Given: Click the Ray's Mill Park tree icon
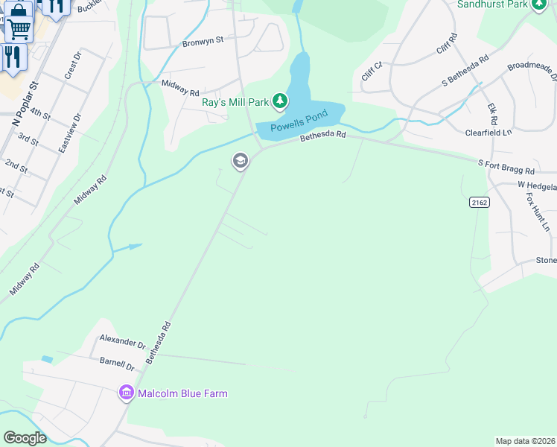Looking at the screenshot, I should coord(279,101).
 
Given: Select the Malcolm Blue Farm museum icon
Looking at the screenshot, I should coord(125,393).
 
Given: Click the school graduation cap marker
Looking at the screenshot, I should coord(240,161).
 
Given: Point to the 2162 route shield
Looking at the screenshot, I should coord(478,202).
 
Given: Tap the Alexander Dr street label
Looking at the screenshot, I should coord(123,341).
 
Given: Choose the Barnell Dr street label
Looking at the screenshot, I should coord(116,364).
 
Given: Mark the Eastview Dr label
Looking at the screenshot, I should coord(69,133).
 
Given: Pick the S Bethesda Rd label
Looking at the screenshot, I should coord(465,70).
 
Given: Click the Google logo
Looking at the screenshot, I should coord(25,437).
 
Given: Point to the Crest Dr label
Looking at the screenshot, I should coord(72,66).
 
